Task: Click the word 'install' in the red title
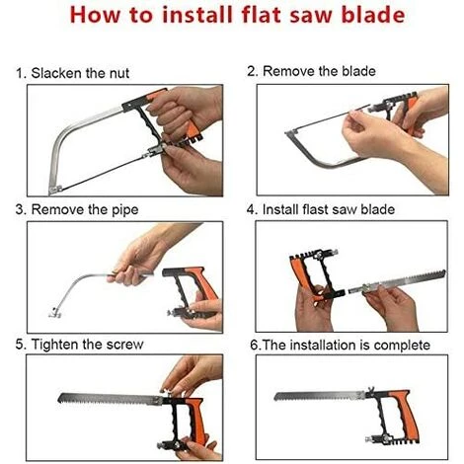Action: click(x=197, y=15)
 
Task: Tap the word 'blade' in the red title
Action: click(x=373, y=15)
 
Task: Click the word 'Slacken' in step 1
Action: click(x=56, y=73)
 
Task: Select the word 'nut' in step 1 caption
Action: click(x=119, y=74)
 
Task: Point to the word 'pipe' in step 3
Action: click(x=125, y=210)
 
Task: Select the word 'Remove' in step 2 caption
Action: click(x=283, y=71)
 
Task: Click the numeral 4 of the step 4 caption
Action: click(x=251, y=210)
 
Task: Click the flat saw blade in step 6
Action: click(x=320, y=396)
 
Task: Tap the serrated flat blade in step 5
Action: click(x=110, y=399)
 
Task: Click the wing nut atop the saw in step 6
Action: click(x=370, y=389)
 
